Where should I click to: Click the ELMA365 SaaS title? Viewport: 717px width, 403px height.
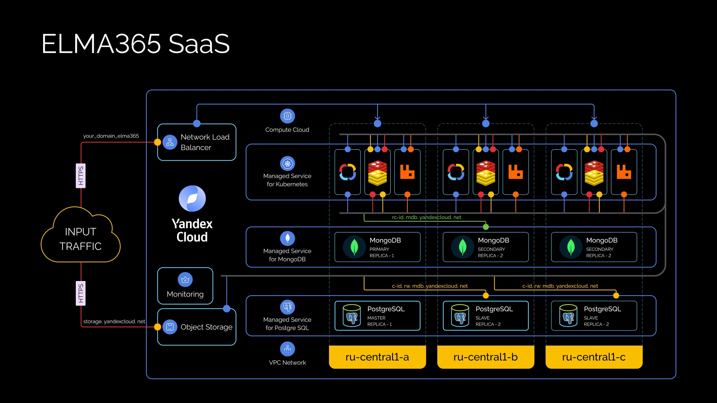point(136,44)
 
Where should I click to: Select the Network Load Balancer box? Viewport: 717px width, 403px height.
point(197,142)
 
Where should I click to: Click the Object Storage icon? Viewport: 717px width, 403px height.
point(170,327)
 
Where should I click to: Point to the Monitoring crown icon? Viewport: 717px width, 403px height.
point(185,280)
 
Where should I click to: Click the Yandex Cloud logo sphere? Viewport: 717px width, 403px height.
point(192,198)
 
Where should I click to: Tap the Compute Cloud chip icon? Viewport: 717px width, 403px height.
point(287,116)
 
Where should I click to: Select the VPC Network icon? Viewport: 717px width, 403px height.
point(287,349)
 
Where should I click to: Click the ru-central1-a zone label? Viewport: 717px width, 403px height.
point(377,357)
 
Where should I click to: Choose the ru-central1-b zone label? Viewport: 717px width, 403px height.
point(485,357)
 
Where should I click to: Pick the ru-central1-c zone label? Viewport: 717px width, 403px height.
point(594,357)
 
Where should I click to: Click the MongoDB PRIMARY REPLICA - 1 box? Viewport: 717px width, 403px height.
point(377,247)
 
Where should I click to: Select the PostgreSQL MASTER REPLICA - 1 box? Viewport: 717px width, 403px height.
point(377,316)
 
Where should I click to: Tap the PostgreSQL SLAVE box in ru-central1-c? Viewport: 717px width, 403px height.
point(594,316)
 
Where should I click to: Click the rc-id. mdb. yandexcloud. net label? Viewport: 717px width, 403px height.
point(426,217)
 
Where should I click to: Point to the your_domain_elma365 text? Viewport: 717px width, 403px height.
point(111,136)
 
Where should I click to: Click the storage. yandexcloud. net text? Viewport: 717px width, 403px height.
point(114,321)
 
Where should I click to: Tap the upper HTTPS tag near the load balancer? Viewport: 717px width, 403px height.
point(81,176)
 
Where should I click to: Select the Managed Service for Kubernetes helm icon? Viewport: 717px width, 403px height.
point(287,163)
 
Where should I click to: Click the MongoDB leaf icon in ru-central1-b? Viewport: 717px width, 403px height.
point(462,247)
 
